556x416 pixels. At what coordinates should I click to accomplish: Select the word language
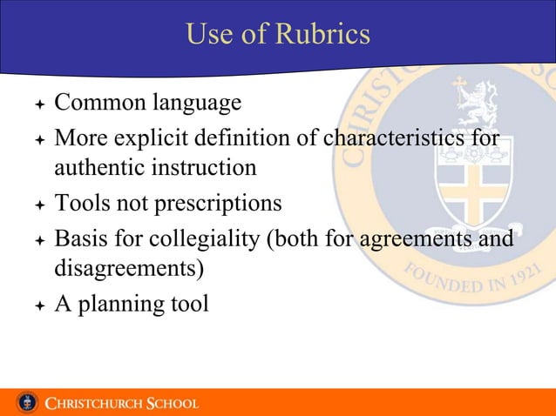click(198, 105)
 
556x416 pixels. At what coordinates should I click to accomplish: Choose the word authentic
click(96, 167)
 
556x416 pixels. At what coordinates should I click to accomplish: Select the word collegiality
click(198, 238)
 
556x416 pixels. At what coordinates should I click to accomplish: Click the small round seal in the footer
click(28, 403)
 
